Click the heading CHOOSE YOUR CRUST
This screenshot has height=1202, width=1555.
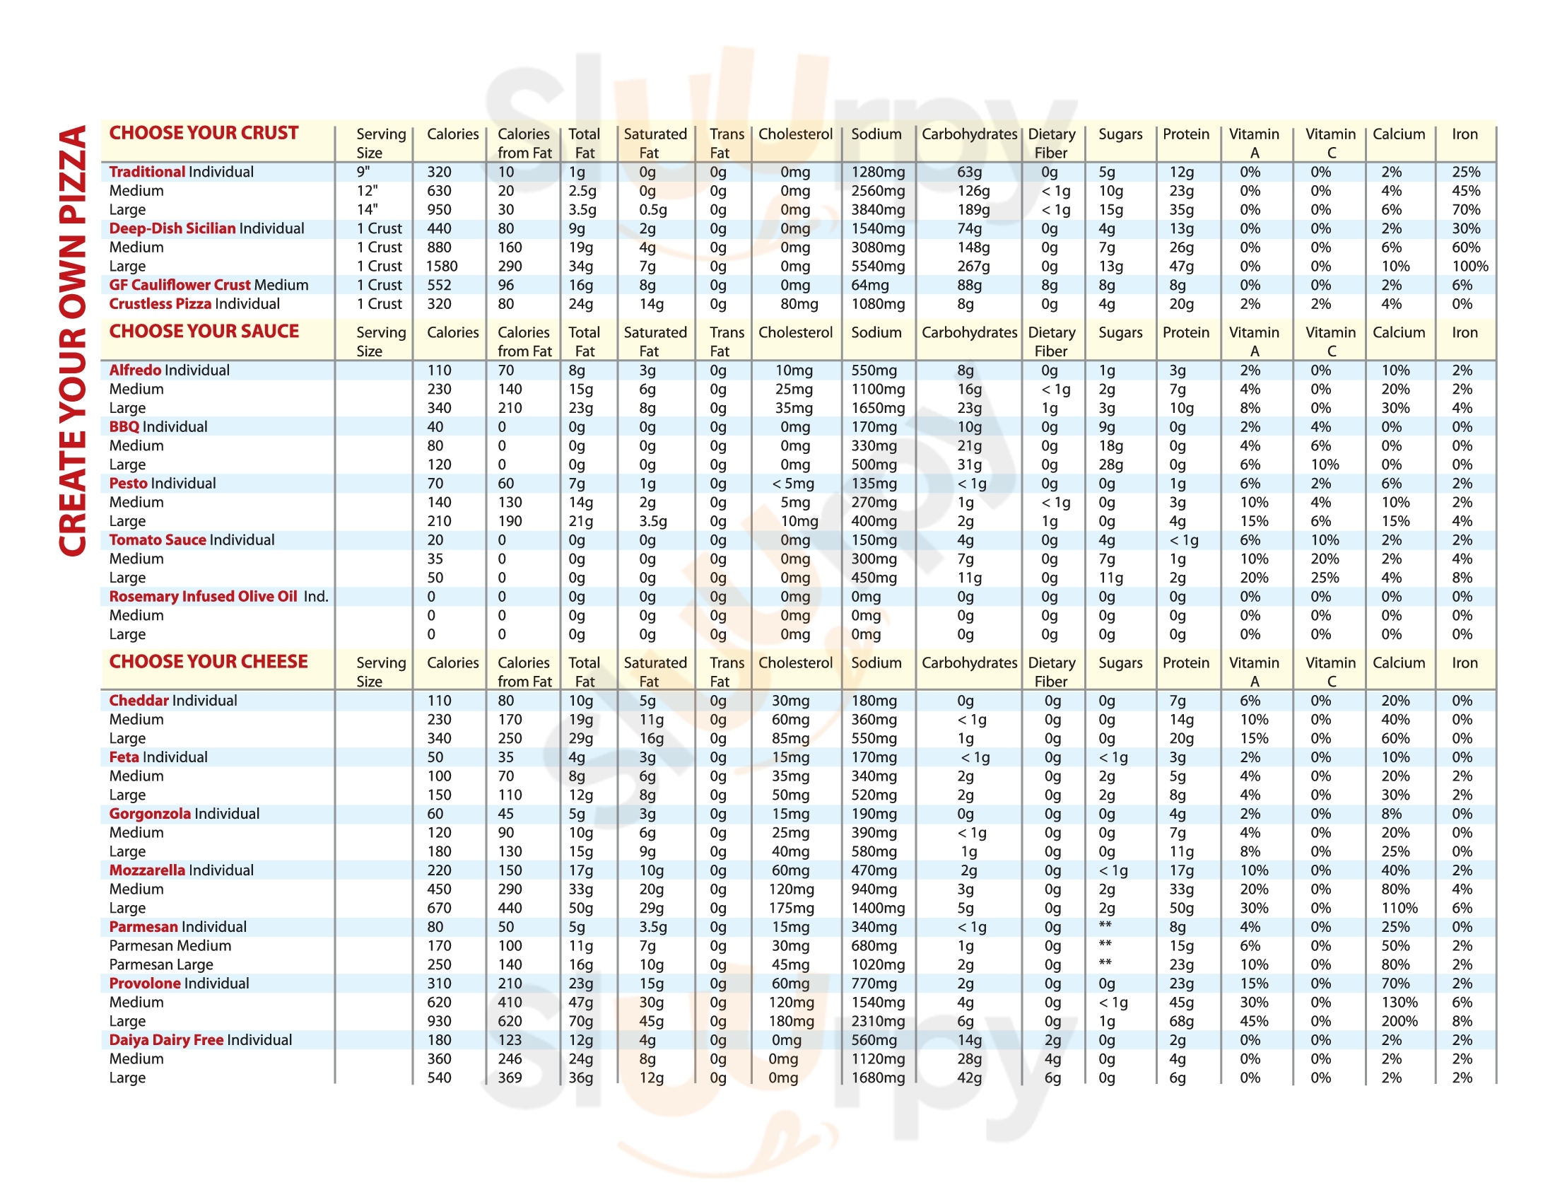204,133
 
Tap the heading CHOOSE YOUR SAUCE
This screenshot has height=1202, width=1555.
204,331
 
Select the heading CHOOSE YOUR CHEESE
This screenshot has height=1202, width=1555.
208,662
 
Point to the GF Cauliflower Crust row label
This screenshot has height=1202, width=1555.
208,285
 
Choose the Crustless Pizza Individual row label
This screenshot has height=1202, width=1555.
194,304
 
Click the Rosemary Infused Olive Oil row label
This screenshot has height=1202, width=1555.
218,597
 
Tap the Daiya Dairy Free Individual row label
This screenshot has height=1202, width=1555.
200,1039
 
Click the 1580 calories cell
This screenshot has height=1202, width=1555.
442,267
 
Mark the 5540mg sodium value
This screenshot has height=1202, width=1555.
878,267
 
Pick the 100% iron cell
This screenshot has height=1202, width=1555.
1469,267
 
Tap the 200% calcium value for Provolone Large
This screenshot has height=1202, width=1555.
1399,1021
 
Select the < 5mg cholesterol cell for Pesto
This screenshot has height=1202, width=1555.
792,484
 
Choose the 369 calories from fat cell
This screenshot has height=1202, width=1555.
510,1078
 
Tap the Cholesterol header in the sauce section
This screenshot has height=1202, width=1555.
795,332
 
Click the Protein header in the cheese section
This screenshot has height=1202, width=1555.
1185,663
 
